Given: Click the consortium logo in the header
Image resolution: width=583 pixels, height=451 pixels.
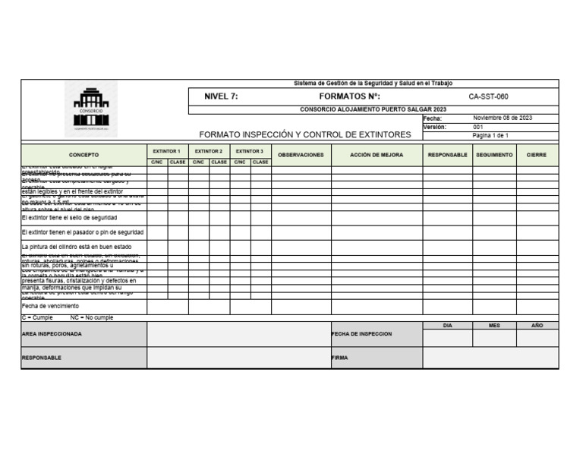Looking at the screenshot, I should (x=90, y=109).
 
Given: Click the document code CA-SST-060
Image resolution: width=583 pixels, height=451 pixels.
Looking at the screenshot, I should (x=488, y=96).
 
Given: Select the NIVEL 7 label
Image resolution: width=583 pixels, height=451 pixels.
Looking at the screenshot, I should (x=221, y=96).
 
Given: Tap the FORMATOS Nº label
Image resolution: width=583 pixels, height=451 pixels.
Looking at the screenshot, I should (x=349, y=96).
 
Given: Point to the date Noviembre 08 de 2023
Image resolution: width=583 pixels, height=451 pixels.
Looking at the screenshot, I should (x=502, y=118).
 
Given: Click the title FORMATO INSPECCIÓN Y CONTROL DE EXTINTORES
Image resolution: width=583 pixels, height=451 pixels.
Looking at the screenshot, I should (x=304, y=134).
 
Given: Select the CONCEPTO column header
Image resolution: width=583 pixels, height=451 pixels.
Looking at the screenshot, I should (x=84, y=154).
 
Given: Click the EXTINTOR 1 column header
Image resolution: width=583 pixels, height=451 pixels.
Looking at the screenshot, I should (x=167, y=151).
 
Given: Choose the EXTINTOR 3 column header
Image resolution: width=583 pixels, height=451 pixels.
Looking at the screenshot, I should (x=250, y=151).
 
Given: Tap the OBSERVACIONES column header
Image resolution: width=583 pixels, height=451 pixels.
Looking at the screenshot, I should (x=301, y=154).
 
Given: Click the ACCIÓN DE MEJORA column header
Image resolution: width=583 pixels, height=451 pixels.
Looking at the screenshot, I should (x=377, y=154).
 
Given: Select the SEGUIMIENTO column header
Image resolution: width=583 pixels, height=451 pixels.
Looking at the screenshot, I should (x=494, y=154).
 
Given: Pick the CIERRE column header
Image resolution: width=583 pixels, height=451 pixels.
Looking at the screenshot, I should (x=537, y=154).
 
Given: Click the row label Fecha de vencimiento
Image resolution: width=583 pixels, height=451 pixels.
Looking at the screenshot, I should (x=50, y=306).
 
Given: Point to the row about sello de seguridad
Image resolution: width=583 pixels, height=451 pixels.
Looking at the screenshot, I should (x=69, y=217).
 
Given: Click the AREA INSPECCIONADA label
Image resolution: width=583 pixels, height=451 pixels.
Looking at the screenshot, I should (x=52, y=333).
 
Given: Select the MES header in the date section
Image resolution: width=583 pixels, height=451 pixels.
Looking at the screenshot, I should (x=494, y=325).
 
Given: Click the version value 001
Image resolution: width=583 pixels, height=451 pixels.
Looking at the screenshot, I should (x=478, y=127).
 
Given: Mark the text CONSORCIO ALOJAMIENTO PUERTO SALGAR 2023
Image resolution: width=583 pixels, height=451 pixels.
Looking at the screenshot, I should (x=373, y=109).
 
